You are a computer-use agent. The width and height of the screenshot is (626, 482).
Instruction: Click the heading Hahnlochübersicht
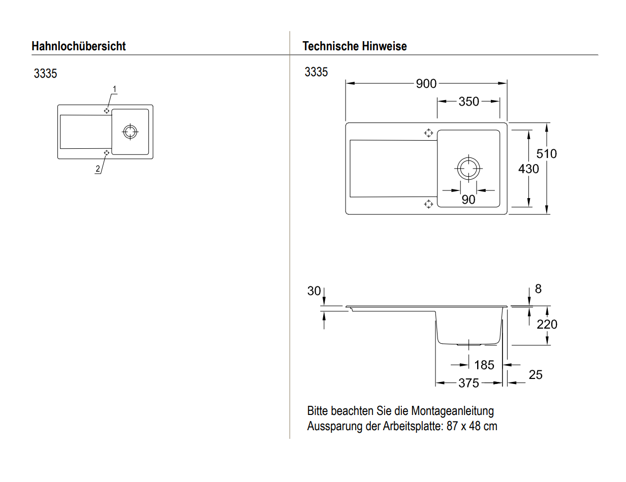pos(79,46)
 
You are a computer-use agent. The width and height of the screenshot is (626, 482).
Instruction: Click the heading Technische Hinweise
pos(354,46)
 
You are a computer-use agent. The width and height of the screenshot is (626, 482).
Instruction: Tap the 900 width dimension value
pos(426,84)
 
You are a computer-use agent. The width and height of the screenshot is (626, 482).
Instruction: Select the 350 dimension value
pos(468,102)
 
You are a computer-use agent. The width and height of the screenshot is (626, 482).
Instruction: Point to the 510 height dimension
pos(547,153)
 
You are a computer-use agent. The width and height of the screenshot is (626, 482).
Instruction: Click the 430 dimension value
pos(528,169)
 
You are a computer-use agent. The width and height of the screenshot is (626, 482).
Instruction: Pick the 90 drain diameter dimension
pos(468,200)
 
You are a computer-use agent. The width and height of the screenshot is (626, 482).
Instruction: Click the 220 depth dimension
pos(547,324)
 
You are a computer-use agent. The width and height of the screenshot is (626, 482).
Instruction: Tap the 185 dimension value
pos(484,365)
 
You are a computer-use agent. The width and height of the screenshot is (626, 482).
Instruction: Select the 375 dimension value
pos(468,383)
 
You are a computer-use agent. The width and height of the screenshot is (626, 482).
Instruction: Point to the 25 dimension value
pos(536,375)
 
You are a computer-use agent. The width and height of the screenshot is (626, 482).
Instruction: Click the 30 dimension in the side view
pos(314,291)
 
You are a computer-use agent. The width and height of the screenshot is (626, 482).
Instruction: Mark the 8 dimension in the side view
pos(538,289)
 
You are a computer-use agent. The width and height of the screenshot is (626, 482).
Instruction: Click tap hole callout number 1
pos(115,89)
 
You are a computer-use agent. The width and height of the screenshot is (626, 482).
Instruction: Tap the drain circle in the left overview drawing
pos(130,132)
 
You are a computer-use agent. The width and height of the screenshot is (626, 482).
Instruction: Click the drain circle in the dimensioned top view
pos(467,168)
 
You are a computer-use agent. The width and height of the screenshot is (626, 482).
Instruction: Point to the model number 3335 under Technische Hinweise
pos(316,72)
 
